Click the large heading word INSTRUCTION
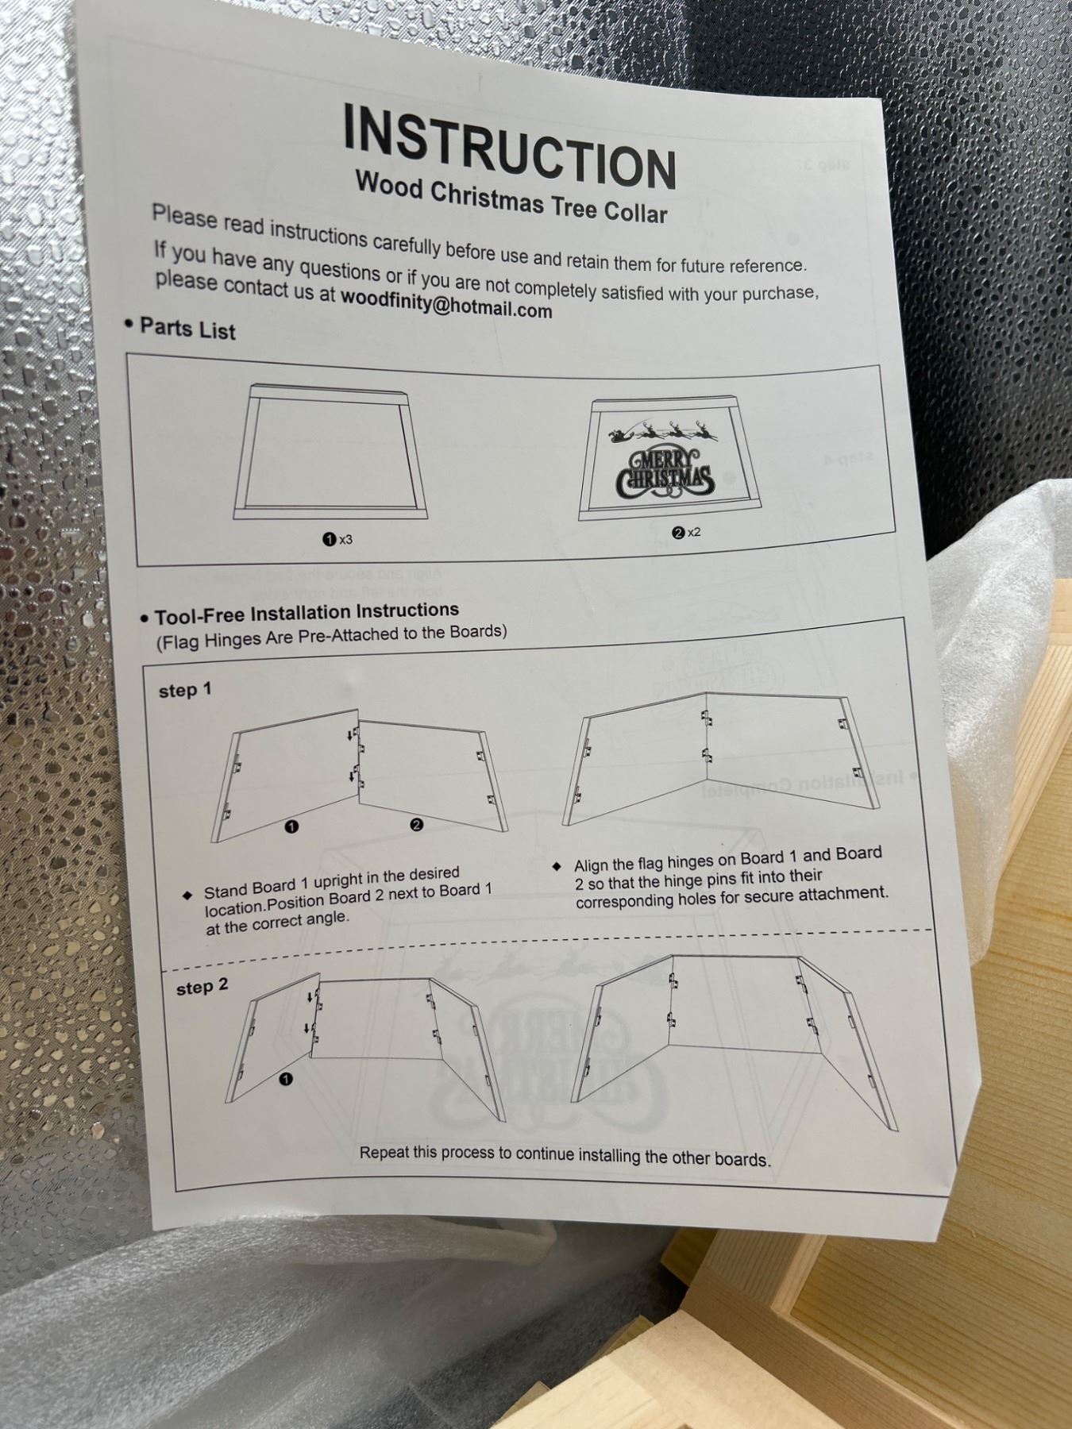pos(510,147)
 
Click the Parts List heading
pos(187,329)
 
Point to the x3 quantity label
pos(338,540)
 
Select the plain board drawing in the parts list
pos(329,452)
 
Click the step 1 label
pos(185,690)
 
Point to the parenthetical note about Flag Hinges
pos(331,636)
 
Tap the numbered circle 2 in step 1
pos(417,825)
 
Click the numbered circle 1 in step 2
pos(286,1079)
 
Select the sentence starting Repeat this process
pos(565,1155)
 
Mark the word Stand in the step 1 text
pos(225,891)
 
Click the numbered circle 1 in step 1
pos(291,826)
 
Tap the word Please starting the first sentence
pos(184,216)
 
